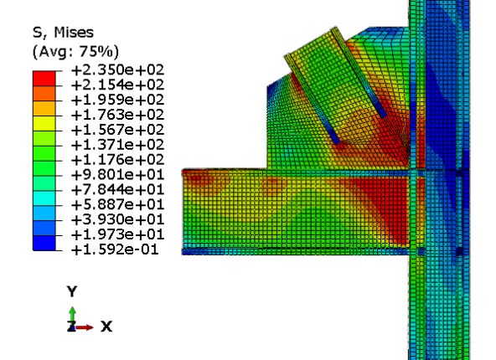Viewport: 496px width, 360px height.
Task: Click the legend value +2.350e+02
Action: click(117, 69)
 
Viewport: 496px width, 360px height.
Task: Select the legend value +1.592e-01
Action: click(115, 250)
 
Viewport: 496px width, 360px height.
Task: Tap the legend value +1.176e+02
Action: click(117, 160)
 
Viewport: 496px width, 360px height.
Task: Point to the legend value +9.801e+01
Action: click(117, 175)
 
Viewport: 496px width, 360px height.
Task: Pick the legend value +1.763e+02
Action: click(117, 115)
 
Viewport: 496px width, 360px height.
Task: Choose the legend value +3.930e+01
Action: click(117, 220)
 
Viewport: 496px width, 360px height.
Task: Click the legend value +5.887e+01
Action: click(117, 205)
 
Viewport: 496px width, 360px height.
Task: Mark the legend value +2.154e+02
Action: click(117, 85)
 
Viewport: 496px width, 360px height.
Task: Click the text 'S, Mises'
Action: click(64, 33)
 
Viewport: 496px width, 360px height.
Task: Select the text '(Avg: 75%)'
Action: click(76, 52)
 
